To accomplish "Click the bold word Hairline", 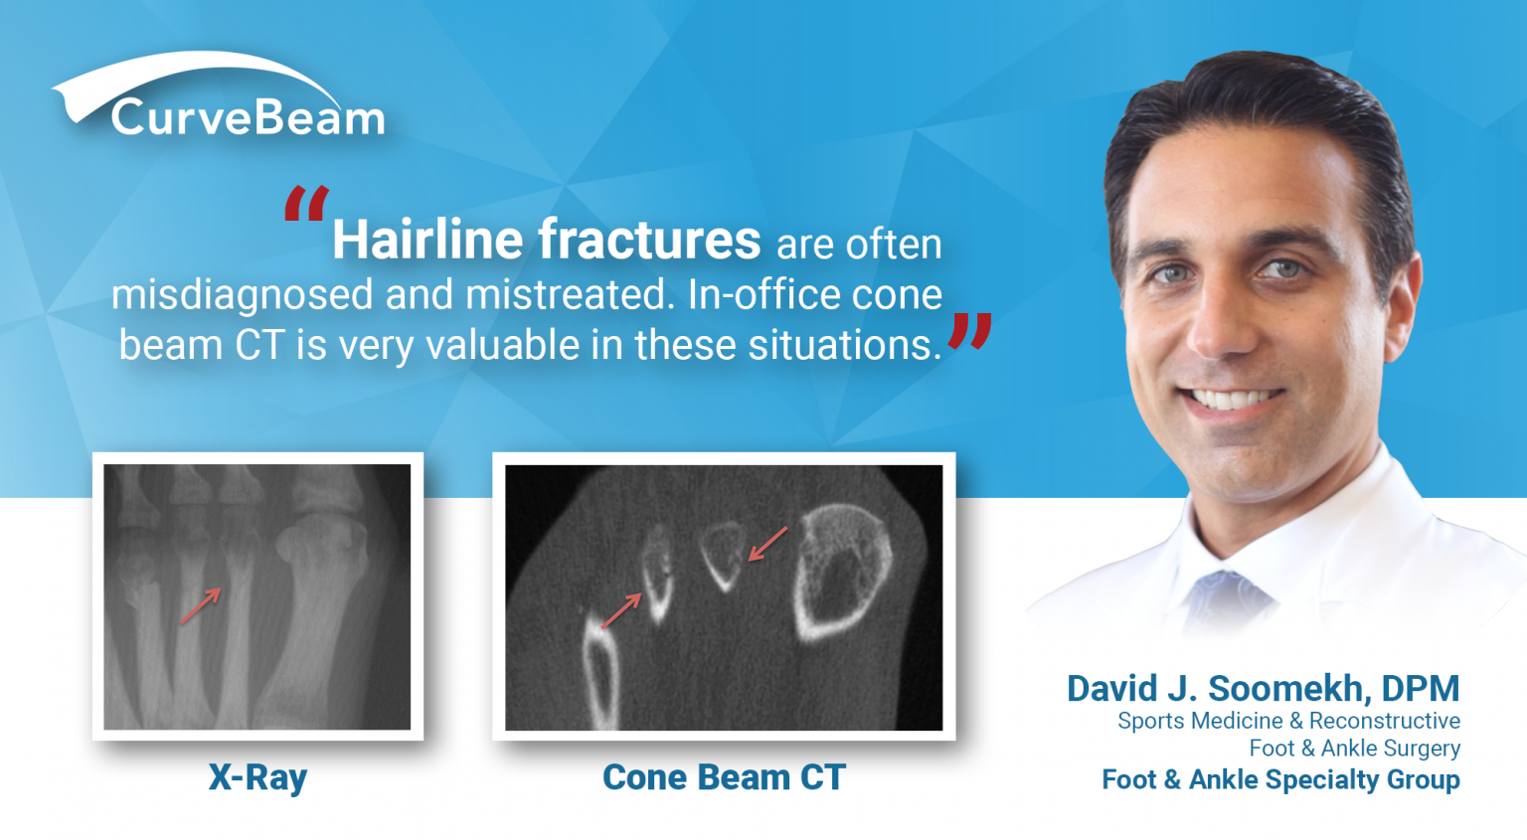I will click(x=427, y=241).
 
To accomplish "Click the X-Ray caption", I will click(x=257, y=777).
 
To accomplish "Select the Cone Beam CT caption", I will click(x=724, y=777).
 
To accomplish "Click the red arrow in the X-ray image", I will click(x=200, y=606).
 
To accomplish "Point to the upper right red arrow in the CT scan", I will click(x=767, y=544).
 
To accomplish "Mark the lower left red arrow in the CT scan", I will click(x=622, y=610).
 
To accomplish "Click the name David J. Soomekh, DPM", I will click(x=1263, y=688).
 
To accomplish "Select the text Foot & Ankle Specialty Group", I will click(x=1280, y=779).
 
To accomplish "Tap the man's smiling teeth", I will click(x=1233, y=400).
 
